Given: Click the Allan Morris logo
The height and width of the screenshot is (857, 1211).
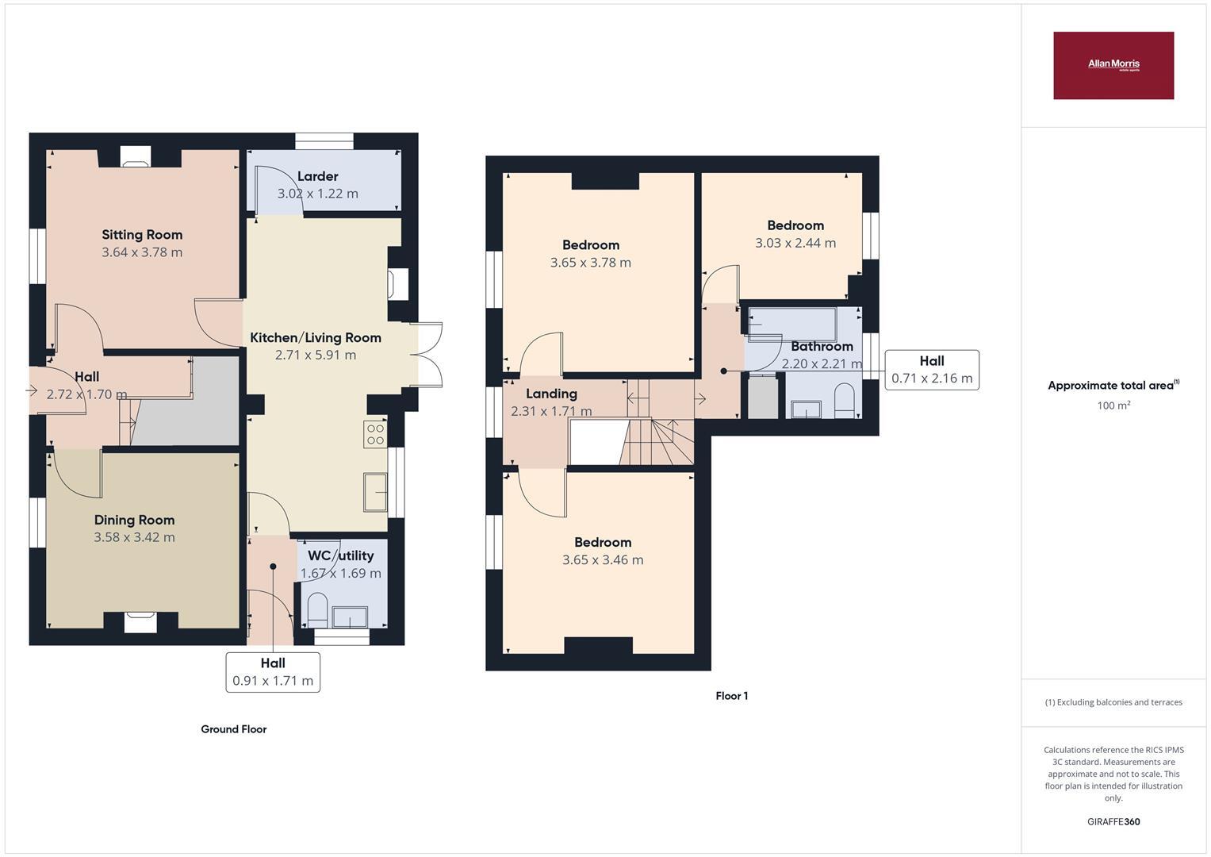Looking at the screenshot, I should click(x=1113, y=65).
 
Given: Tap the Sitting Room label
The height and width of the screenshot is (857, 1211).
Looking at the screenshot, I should click(x=142, y=235).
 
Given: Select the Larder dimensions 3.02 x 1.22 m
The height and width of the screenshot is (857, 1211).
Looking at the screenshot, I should click(x=317, y=194).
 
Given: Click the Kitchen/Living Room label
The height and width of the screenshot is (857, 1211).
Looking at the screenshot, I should click(x=316, y=338).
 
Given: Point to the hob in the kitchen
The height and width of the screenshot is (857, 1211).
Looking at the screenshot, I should click(x=375, y=434).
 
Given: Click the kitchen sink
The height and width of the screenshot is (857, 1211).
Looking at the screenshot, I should click(x=374, y=492).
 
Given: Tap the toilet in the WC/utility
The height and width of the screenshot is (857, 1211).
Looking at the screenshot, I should click(x=317, y=608).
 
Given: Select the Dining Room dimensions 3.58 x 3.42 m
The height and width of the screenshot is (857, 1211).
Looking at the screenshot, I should click(x=134, y=537).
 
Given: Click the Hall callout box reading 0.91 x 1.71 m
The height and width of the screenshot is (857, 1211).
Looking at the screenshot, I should click(x=273, y=672).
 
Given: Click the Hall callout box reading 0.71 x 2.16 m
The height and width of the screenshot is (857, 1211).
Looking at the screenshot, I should click(x=931, y=370).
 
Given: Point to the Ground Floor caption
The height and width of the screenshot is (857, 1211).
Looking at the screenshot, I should click(x=233, y=729).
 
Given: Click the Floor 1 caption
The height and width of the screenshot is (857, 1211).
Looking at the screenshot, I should click(x=731, y=696).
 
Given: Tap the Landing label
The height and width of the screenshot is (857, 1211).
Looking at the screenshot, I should click(x=551, y=394).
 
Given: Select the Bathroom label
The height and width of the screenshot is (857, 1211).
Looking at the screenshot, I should click(x=822, y=347).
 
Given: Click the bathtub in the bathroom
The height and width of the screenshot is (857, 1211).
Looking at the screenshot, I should click(x=791, y=324).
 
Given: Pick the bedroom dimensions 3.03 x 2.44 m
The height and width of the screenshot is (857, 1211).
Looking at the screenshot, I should click(x=795, y=244).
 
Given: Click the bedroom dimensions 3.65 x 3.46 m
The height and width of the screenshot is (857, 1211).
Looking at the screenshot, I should click(x=603, y=560).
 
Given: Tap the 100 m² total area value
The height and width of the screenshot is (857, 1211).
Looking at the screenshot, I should click(x=1113, y=405).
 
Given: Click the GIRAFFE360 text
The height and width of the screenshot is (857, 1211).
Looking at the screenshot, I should click(x=1113, y=822).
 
